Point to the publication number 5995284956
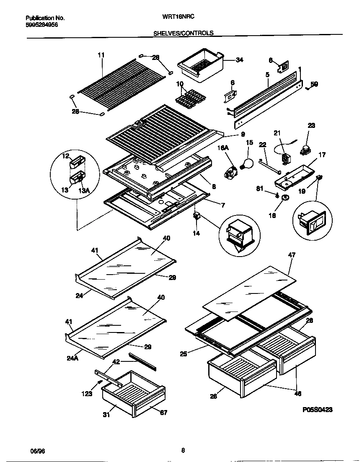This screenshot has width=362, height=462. (42, 25)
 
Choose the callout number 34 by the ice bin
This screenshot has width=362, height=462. (239, 60)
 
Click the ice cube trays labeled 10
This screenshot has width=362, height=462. (187, 100)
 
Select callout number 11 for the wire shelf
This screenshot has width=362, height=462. (101, 55)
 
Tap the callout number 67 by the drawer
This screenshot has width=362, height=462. (163, 413)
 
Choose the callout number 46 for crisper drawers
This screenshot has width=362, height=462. (298, 394)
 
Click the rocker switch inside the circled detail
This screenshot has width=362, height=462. (312, 222)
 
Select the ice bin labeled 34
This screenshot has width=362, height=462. (201, 68)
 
